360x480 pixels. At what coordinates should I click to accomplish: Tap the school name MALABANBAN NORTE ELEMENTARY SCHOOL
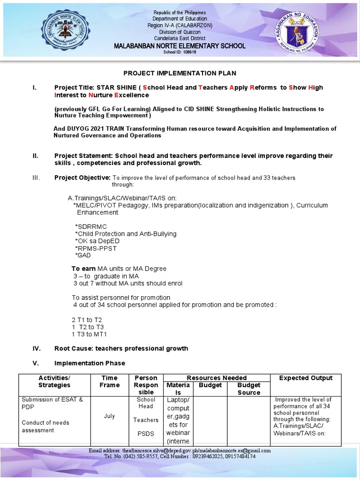180,46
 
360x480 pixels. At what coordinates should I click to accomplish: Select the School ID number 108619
188,52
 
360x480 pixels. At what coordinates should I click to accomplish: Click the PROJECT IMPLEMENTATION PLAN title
180,73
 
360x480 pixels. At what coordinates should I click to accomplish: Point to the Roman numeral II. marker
35,156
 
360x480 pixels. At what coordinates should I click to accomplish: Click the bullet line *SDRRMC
91,226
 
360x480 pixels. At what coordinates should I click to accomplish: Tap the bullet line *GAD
83,255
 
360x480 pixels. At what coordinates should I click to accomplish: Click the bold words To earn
83,269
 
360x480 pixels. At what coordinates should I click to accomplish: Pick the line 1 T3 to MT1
89,334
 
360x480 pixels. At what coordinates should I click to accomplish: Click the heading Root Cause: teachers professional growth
121,348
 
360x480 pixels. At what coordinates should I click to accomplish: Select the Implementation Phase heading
90,363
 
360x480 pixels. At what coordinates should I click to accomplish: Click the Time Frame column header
110,381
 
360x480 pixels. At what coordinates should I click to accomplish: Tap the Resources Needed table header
217,377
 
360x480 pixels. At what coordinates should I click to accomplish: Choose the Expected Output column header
306,378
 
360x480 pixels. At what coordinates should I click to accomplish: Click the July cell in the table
109,416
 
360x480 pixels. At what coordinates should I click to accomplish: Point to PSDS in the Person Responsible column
146,434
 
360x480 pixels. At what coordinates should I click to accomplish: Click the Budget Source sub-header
248,389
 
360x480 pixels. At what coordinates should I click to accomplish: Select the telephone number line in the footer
180,456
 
